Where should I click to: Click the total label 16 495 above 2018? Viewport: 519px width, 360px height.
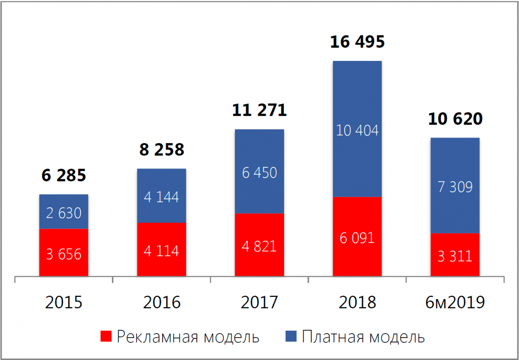pyautogui.click(x=357, y=42)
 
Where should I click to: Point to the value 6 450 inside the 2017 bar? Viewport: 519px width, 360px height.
pyautogui.click(x=259, y=173)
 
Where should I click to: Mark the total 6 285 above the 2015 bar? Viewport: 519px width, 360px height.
pyautogui.click(x=64, y=175)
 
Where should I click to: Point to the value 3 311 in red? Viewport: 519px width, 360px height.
pyautogui.click(x=455, y=256)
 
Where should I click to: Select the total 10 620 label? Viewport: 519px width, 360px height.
pyautogui.click(x=455, y=119)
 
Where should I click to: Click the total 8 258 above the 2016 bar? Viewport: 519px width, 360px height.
pyautogui.click(x=161, y=150)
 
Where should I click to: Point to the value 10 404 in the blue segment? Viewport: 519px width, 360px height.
pyautogui.click(x=357, y=130)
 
